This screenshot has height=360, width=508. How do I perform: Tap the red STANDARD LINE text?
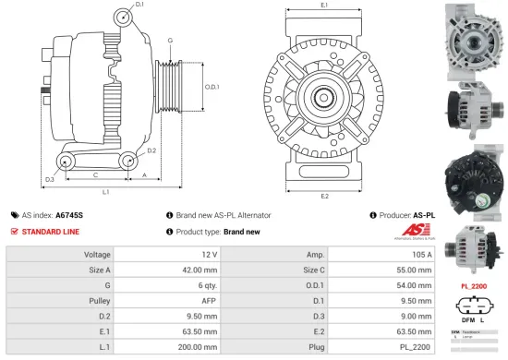click(50, 231)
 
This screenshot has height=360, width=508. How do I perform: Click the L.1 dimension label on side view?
click(106, 192)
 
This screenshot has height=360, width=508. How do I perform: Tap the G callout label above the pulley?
click(170, 41)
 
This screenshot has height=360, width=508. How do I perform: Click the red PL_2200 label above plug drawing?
click(473, 286)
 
